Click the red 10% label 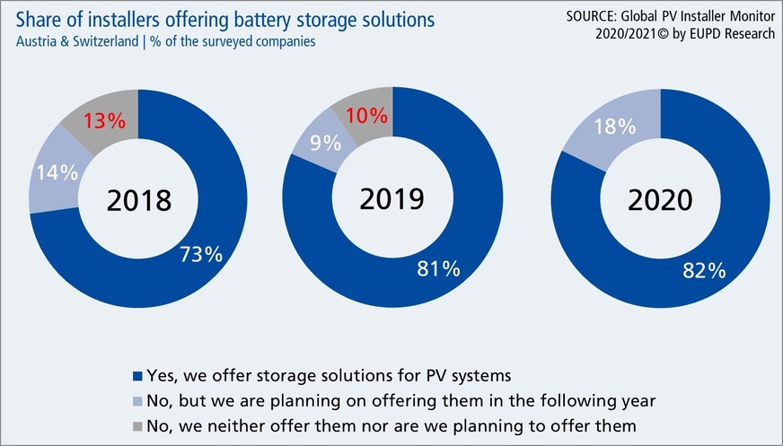point(365,116)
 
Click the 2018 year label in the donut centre point(138,200)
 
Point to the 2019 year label point(391,196)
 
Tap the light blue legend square point(136,398)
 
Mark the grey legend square point(136,422)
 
